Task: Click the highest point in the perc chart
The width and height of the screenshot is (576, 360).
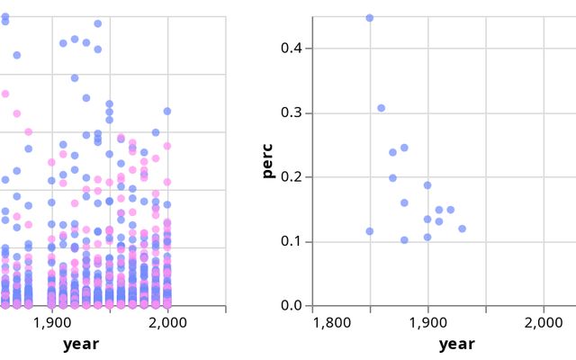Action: point(369,18)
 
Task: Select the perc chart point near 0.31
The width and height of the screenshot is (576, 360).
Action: point(381,108)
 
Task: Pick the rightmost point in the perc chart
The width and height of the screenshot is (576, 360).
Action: point(462,229)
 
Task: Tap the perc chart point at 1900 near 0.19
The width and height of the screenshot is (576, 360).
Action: point(427,185)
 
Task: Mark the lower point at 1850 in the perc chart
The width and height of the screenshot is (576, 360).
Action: point(369,231)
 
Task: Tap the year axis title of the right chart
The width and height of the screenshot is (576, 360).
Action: point(456,344)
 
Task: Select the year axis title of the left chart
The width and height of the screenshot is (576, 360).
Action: point(81,344)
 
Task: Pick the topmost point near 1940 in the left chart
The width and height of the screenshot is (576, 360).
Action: point(97,23)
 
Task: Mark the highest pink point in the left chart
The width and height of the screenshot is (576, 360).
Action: point(4,94)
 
